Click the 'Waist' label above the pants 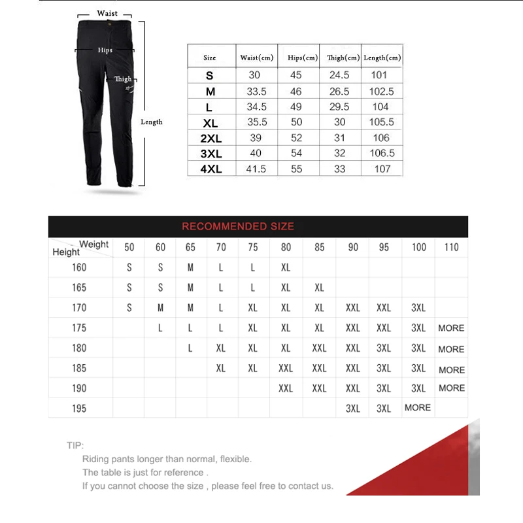click(107, 13)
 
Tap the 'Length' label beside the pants click(152, 122)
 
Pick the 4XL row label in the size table click(210, 169)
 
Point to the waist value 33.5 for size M click(256, 92)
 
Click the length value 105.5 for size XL click(382, 122)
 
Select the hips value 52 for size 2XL click(296, 138)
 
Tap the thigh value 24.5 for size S click(339, 75)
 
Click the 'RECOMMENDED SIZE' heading click(238, 226)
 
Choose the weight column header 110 click(451, 247)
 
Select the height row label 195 click(79, 408)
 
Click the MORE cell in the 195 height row click(418, 407)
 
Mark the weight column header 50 click(129, 247)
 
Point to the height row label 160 click(79, 267)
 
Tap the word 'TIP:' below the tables click(75, 445)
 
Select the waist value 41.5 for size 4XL click(256, 169)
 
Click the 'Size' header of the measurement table click(210, 58)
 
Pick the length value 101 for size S click(379, 75)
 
